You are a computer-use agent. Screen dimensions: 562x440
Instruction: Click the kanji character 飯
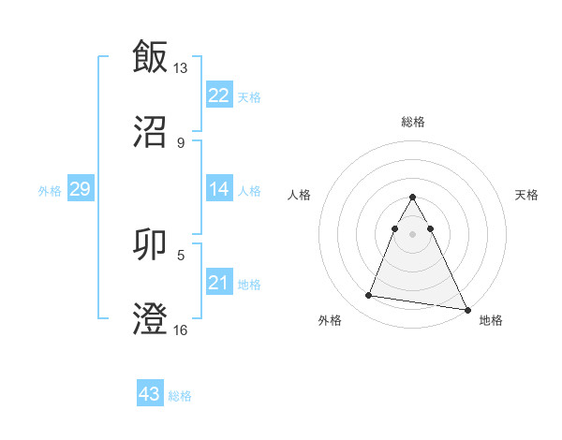tap(150, 56)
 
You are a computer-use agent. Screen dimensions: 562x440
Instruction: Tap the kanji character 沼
tap(150, 132)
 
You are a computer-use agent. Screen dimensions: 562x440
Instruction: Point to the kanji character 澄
tap(150, 319)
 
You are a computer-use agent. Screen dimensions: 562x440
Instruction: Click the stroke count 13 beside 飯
tap(181, 67)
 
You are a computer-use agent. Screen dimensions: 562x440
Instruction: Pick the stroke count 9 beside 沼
tap(181, 142)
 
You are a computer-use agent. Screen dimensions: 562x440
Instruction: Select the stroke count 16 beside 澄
tap(181, 330)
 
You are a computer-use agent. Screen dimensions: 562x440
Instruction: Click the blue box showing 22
tap(218, 95)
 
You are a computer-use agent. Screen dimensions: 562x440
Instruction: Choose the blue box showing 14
tap(218, 189)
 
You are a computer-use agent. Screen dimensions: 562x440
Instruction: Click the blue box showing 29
tap(80, 189)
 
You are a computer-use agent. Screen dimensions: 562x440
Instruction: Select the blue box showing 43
tap(150, 394)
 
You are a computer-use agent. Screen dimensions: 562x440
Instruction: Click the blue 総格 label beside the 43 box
tap(180, 396)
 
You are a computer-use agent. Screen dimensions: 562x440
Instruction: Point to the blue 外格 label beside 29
tap(50, 191)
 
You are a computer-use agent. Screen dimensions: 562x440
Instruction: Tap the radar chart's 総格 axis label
tap(413, 122)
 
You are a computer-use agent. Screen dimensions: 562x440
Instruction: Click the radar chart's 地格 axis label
tap(491, 320)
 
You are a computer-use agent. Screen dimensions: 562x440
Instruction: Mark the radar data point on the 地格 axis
tap(466, 310)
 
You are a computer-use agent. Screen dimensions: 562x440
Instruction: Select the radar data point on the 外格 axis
tap(368, 296)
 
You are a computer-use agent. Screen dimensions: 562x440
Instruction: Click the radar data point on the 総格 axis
tap(412, 198)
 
